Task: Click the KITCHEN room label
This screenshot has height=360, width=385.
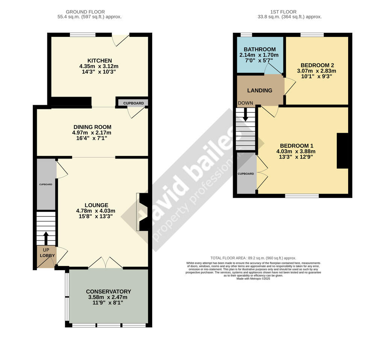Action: (100, 61)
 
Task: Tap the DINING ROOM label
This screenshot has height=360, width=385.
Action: (92, 127)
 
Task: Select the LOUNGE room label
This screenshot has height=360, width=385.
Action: (96, 205)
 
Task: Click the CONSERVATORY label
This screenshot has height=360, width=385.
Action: (108, 292)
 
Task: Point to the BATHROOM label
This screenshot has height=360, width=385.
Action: (259, 49)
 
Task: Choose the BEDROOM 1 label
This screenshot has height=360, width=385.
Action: (297, 146)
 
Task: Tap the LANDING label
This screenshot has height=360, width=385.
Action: (259, 91)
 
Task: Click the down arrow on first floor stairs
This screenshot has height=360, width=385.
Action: (246, 115)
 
